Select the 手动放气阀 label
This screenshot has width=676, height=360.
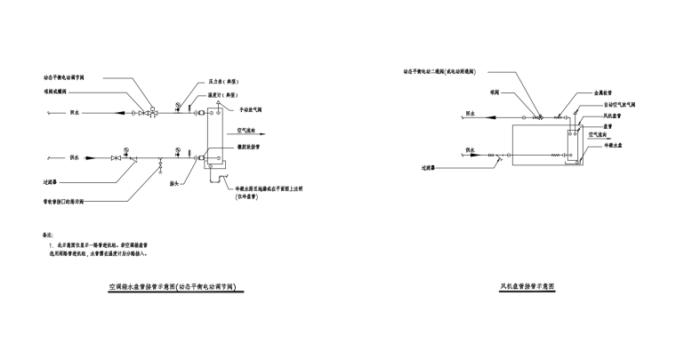[x=245, y=109]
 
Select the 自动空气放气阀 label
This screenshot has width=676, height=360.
[x=606, y=105]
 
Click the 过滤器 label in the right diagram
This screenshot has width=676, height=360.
[x=432, y=166]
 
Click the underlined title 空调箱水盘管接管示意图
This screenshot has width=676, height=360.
[x=177, y=288]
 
